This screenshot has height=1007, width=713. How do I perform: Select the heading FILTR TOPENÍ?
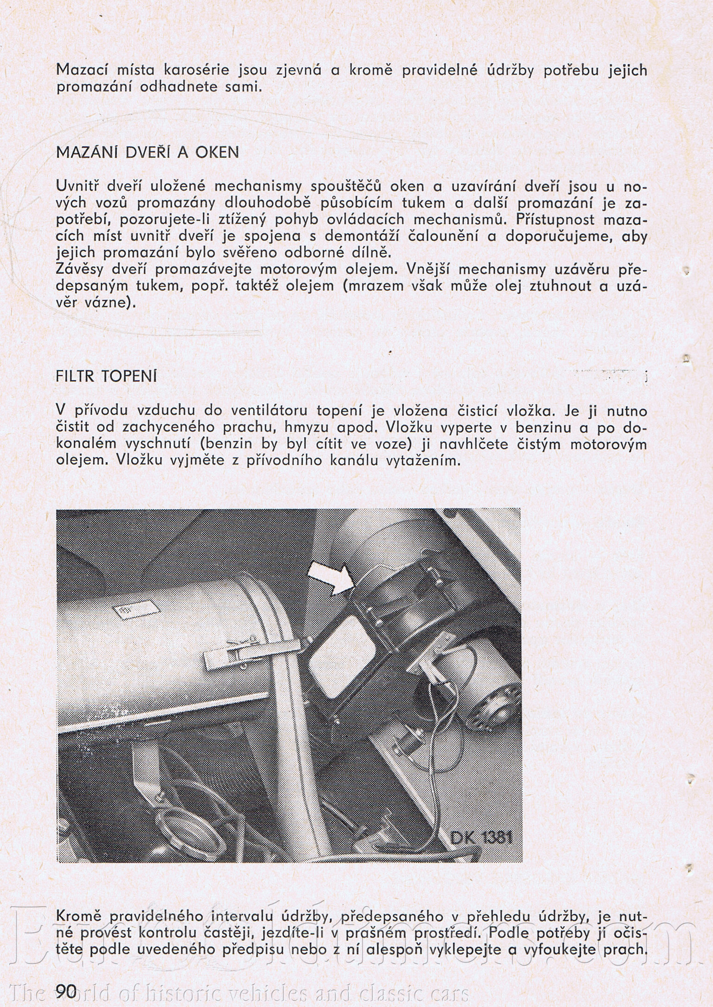[x=106, y=376]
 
